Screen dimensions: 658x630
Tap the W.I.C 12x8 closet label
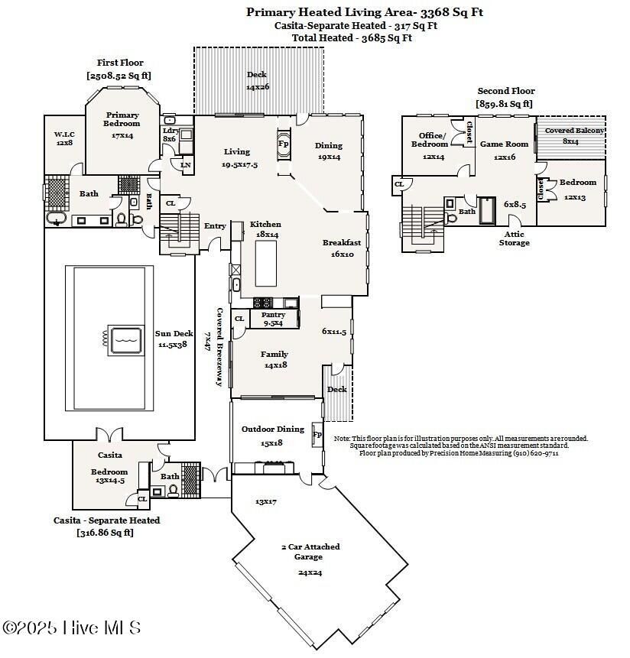click(x=63, y=138)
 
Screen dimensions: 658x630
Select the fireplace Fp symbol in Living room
click(x=283, y=143)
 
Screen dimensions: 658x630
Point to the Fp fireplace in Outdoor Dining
click(x=317, y=434)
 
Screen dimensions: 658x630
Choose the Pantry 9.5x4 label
click(x=273, y=319)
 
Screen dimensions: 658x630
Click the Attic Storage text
click(x=514, y=238)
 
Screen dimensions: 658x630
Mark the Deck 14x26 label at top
click(x=257, y=80)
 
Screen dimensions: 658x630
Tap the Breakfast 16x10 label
click(x=341, y=248)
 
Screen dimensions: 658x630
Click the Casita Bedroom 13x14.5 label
click(x=109, y=476)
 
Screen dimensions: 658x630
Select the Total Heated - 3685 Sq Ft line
click(x=352, y=37)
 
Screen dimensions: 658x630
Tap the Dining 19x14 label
click(x=328, y=151)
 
